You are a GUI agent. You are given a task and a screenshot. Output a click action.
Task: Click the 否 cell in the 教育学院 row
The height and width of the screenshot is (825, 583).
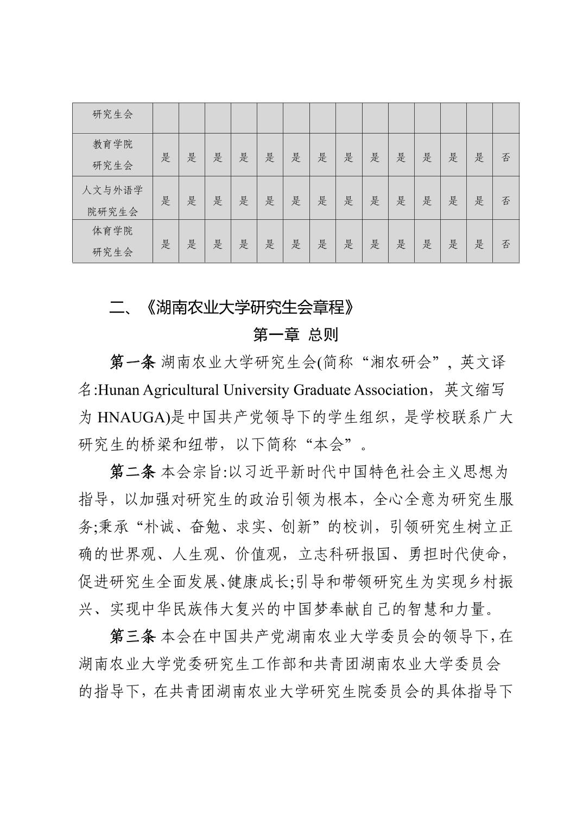[x=505, y=157]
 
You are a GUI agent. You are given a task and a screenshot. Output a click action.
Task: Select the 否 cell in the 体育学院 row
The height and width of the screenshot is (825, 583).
[x=505, y=244]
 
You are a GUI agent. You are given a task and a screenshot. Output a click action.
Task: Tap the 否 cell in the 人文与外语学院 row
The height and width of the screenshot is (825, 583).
[x=505, y=201]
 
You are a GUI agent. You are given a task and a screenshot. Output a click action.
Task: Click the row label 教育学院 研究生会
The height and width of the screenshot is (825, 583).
[x=112, y=155]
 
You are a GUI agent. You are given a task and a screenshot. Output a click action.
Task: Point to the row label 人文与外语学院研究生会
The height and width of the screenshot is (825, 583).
[x=112, y=201]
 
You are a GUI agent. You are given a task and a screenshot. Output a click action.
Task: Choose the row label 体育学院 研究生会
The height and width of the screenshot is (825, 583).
[x=112, y=242]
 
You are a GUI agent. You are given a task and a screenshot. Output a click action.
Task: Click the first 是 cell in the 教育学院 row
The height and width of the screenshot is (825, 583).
[x=166, y=157]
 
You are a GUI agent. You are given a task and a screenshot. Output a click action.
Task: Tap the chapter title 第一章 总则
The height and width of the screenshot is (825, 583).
[x=296, y=335]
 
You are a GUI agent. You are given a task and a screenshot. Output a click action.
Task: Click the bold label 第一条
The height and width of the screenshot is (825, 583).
[x=132, y=362]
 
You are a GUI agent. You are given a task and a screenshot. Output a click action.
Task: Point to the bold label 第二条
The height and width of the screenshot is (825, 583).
[x=132, y=472]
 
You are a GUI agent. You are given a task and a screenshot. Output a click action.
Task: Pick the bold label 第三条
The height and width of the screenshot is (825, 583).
[x=132, y=636]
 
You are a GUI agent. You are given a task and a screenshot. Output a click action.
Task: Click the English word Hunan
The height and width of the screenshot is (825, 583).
[x=112, y=390]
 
